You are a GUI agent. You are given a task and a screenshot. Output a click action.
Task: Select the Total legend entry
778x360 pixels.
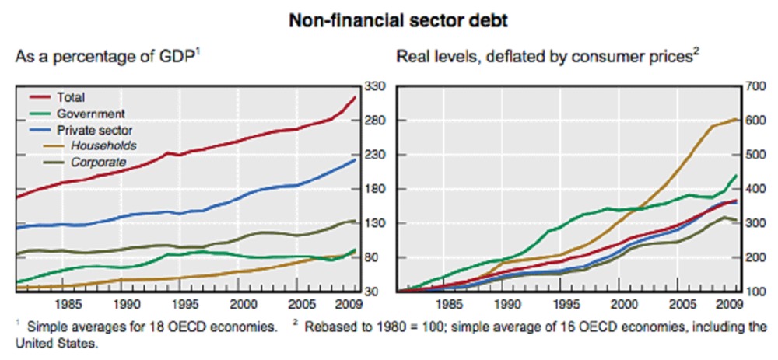(71, 97)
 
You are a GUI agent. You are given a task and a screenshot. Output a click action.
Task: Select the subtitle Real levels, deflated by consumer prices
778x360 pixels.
(548, 59)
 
